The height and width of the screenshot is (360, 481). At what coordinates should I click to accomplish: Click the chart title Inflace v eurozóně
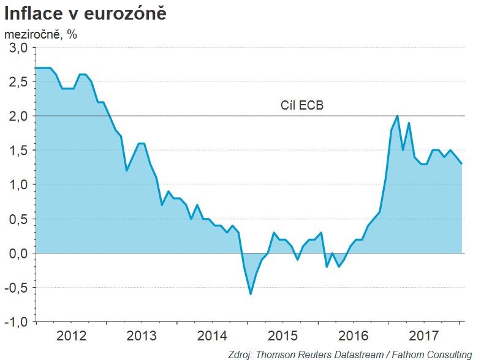pos(85,13)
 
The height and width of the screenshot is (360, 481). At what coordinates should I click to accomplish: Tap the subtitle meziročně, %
pos(40,34)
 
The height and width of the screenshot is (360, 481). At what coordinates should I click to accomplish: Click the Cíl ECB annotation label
pos(301,106)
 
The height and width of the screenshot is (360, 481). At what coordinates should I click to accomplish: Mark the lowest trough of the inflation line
pos(250,294)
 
